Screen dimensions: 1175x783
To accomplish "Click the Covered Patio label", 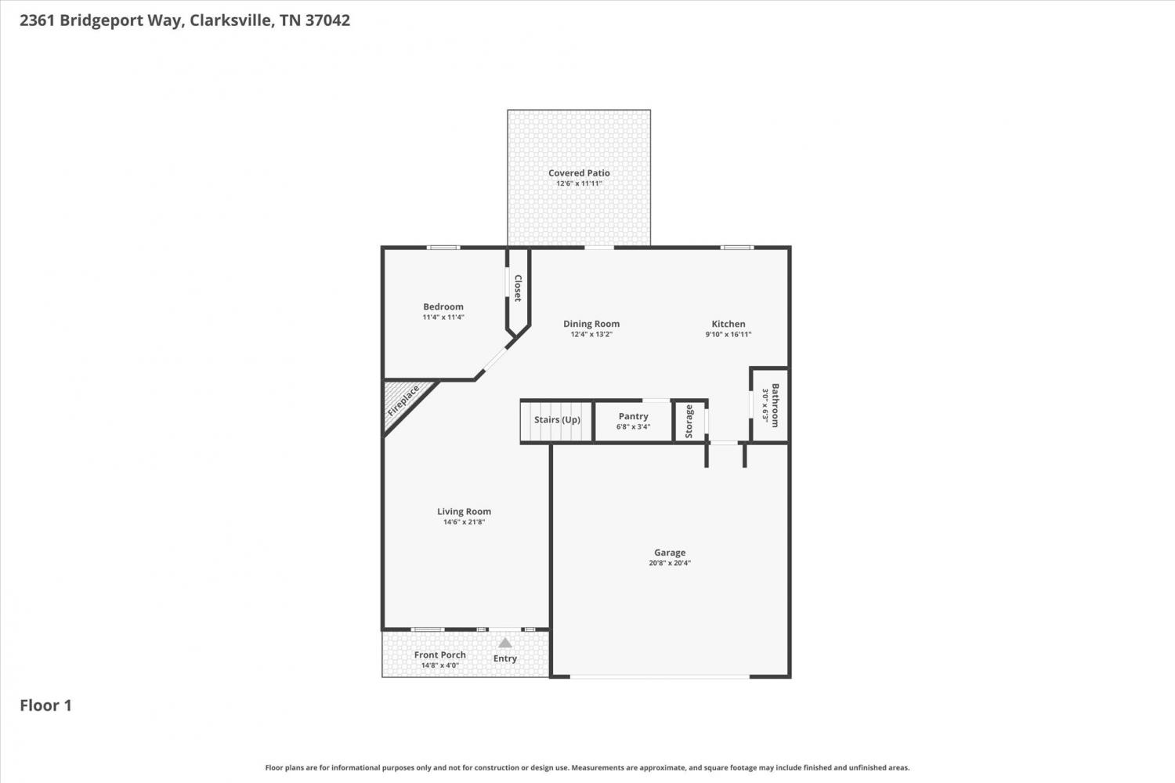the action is coord(579,172).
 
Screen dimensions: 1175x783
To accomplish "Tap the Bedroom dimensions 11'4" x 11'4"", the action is coord(443,317).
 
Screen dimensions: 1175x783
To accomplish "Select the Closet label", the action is coord(518,288).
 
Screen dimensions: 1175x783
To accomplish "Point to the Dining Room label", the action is coord(591,324).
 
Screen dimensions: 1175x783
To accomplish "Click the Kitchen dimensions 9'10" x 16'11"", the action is coord(728,335).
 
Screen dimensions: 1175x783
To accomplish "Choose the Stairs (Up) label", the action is coord(557,420).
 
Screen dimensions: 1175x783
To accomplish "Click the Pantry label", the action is coord(633,416).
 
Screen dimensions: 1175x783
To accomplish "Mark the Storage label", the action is coord(689,422).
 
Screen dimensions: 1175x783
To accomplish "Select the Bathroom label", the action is coord(775,405).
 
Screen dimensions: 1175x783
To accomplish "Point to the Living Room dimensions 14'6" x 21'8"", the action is coord(465,522).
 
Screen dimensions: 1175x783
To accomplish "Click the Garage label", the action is coord(670,552).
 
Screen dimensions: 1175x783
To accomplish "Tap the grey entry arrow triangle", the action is coord(504,643).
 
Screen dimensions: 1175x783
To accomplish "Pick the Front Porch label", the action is coord(440,654).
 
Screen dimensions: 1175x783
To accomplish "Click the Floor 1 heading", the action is coord(45,705).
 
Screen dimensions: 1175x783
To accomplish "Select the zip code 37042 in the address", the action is coord(328,20).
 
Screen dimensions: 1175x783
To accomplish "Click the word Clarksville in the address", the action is coord(231,20).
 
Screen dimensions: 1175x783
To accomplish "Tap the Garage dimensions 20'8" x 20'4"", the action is coord(670,563).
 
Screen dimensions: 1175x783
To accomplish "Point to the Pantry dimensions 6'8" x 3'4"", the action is coord(633,426).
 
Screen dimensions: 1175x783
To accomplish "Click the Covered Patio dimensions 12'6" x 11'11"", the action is coord(579,183).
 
